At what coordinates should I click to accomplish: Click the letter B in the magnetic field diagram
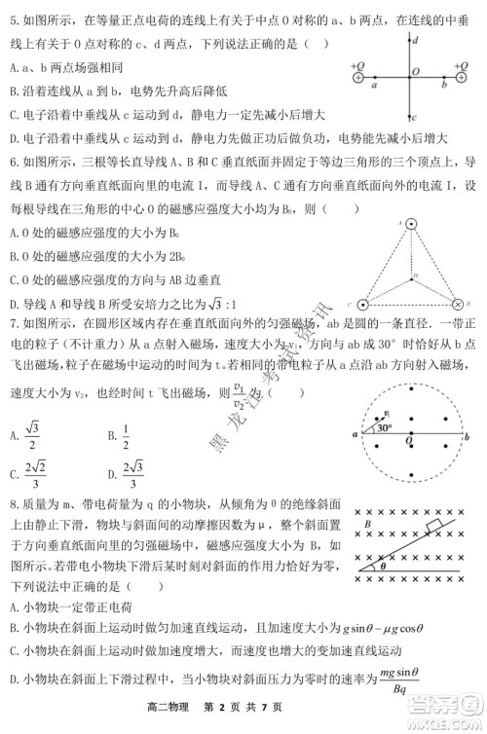click(367, 526)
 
